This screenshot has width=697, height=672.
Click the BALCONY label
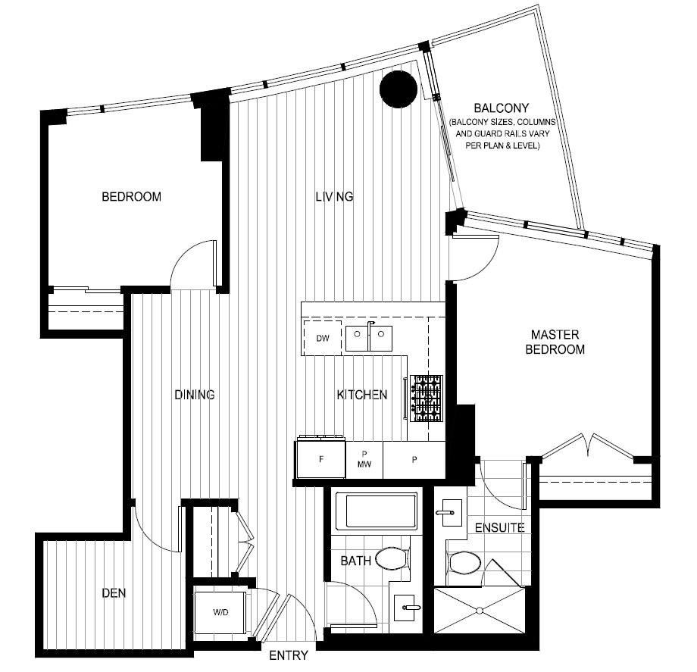point(501,108)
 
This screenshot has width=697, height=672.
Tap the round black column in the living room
point(399,89)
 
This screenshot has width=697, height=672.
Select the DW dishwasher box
point(322,338)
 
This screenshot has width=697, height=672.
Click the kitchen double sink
point(369,338)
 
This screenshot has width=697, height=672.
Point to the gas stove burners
point(427,399)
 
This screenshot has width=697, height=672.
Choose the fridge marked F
point(320,459)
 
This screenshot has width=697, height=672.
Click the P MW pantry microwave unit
point(364,460)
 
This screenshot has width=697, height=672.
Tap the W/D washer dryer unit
point(220,612)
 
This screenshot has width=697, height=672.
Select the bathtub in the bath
point(376,511)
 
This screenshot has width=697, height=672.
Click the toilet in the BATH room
point(392,559)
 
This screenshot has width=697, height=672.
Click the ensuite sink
point(449,513)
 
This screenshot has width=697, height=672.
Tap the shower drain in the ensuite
point(480,610)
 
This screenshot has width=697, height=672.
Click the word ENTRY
point(289,655)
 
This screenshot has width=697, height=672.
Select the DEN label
point(114,593)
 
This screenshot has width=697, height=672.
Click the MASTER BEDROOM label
point(555,342)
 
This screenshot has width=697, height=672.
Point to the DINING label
point(194,395)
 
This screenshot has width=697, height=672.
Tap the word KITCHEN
point(362,395)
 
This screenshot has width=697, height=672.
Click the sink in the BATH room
point(405,608)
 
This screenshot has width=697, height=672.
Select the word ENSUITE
point(499,527)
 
